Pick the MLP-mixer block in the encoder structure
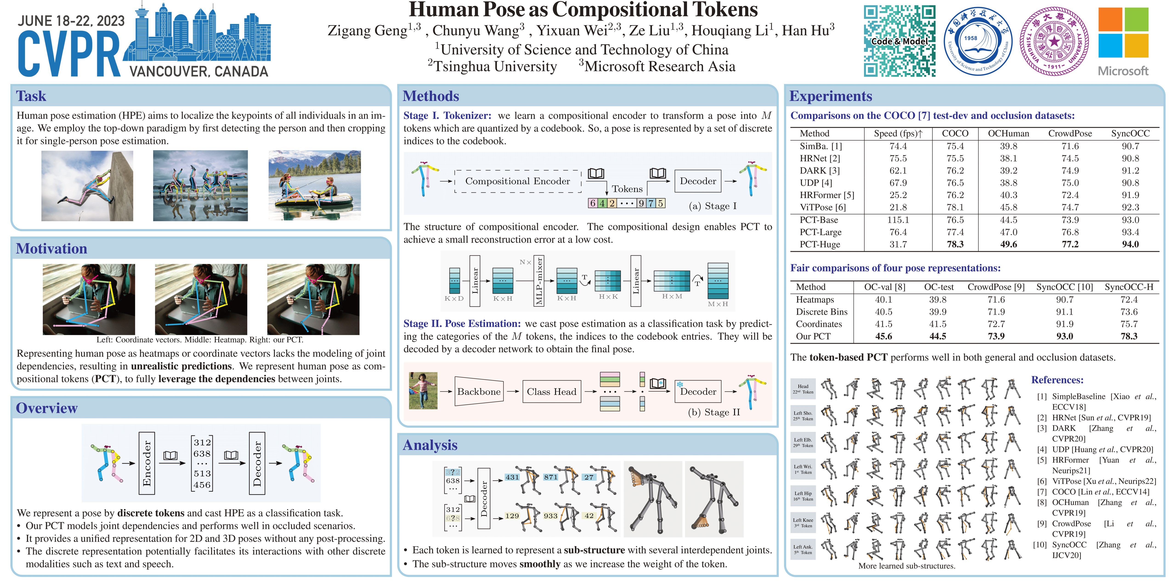point(539,280)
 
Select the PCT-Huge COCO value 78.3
point(955,244)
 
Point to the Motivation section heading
point(52,248)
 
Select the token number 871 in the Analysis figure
point(551,477)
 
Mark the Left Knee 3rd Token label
point(803,523)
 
